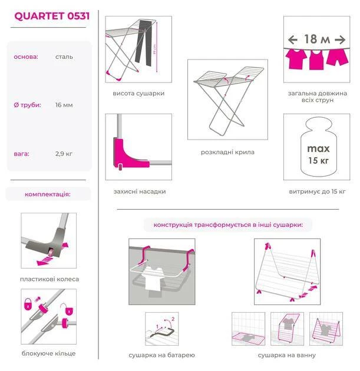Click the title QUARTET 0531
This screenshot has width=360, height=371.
52,16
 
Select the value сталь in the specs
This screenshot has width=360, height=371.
64,57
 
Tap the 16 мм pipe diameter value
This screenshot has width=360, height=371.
64,105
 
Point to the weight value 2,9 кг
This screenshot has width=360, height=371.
64,154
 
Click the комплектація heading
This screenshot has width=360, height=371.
48,194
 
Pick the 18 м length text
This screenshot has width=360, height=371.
317,39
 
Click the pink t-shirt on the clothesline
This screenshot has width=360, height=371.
296,59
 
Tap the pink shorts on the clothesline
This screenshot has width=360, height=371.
337,57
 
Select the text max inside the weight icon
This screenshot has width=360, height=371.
318,149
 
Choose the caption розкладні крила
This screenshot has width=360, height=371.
227,152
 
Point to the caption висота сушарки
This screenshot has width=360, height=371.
138,94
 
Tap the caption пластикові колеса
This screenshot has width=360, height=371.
49,279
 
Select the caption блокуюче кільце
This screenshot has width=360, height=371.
48,353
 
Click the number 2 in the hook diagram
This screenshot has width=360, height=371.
173,319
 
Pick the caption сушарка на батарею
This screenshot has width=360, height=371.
161,355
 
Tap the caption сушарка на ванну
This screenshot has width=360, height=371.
287,355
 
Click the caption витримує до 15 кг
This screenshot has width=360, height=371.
317,191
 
